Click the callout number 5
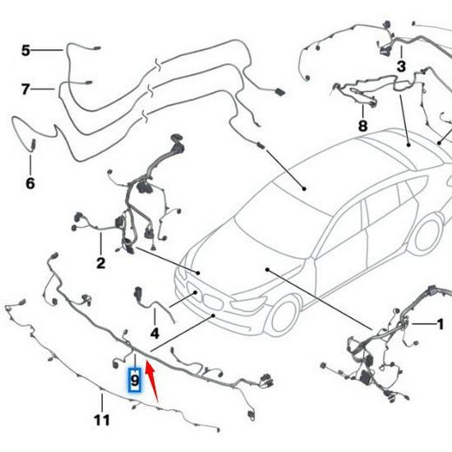pos(25,51)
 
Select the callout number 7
pos(25,89)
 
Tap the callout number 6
pos(30,182)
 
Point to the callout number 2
pos(100,263)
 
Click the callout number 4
pos(154,333)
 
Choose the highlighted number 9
pos(135,381)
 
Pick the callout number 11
pos(101,420)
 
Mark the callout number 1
pos(440,324)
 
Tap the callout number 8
pos(362,126)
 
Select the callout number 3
pos(401,65)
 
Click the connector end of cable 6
pos(33,145)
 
